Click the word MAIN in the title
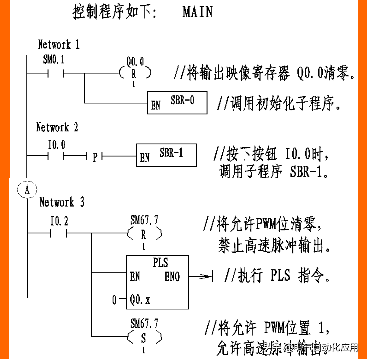[197, 12]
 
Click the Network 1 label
[59, 44]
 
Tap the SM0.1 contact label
[54, 60]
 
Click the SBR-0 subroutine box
[177, 102]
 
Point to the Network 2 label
[57, 127]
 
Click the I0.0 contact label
[56, 145]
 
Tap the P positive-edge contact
[95, 157]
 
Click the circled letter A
[27, 189]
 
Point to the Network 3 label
[62, 202]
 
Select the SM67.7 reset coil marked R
[144, 233]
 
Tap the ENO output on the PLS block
[172, 276]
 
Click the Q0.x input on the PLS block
[140, 300]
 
